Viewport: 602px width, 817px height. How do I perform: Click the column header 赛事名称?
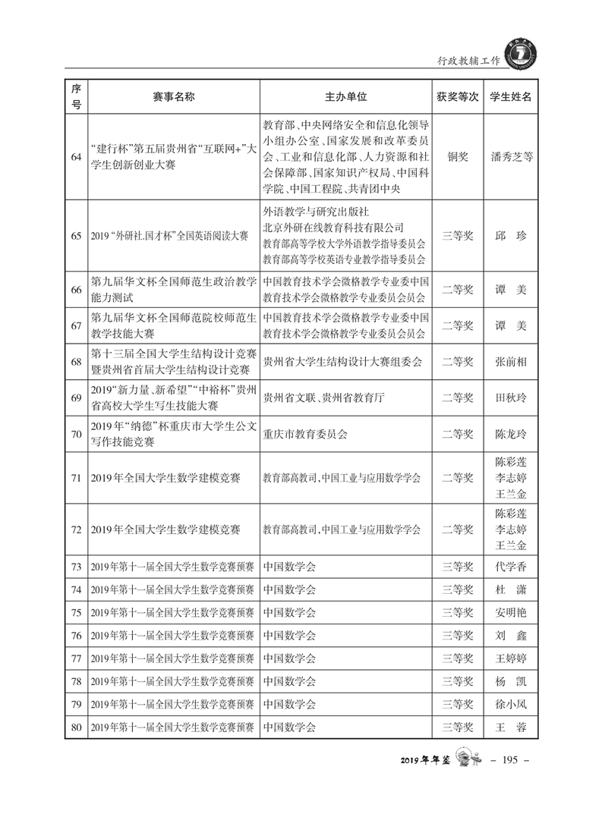click(174, 97)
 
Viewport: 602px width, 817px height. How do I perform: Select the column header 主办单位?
click(346, 97)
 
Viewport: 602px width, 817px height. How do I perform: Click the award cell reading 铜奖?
click(458, 157)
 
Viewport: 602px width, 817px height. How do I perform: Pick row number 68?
click(76, 362)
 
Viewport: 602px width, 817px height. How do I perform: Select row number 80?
click(76, 727)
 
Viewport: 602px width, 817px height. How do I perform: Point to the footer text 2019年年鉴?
click(424, 760)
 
